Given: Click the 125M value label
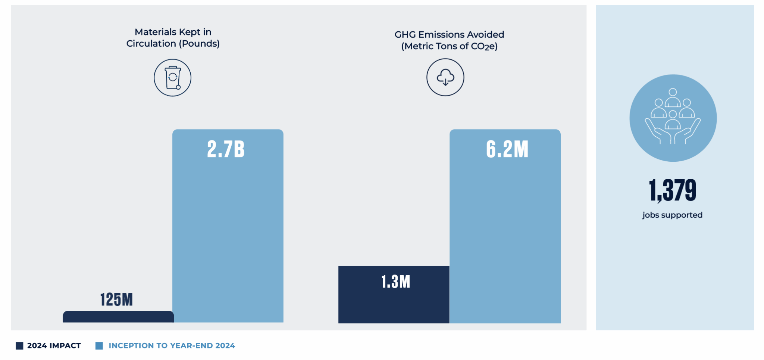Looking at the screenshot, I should (116, 300).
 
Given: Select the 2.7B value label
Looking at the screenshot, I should (226, 149).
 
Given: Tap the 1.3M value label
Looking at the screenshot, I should (395, 282).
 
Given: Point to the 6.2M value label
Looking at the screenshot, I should (507, 149).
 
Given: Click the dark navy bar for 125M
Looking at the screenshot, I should (118, 317).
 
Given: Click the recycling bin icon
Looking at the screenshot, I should (172, 78).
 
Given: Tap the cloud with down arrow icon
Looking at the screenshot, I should (445, 77).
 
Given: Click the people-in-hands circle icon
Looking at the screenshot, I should (673, 118).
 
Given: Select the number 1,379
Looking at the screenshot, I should (672, 190).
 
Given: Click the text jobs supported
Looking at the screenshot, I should (672, 215).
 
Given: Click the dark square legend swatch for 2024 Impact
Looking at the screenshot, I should (19, 346).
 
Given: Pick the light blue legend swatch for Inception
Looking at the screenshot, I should (99, 346).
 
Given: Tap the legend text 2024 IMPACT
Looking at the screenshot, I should (54, 346).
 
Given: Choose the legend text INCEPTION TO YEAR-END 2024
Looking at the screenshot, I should (172, 346).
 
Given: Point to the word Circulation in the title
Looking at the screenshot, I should (151, 44).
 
